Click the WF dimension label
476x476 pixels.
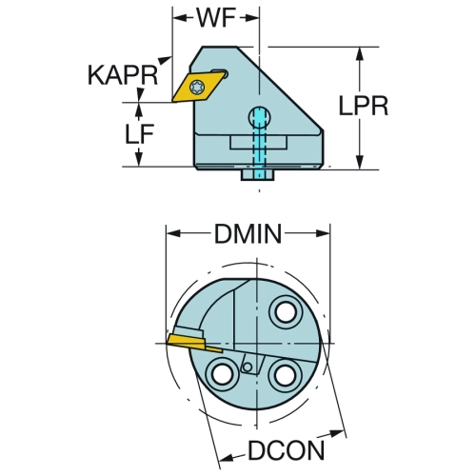[216, 18]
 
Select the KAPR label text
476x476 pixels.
[123, 75]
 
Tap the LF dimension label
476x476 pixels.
[139, 133]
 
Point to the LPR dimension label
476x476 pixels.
[364, 106]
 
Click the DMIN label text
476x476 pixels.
[248, 234]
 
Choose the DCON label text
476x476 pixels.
[286, 450]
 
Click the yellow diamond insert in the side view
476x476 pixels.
[199, 87]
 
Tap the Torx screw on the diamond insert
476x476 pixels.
[196, 87]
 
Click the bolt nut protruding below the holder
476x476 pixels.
[257, 175]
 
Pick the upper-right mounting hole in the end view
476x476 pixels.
[286, 313]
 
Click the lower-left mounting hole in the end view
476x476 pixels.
[221, 375]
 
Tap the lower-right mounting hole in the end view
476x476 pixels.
[284, 375]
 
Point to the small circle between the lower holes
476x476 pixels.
[248, 367]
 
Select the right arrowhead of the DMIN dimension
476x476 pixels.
[323, 234]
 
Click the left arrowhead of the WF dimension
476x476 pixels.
[180, 18]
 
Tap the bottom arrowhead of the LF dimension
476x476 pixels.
[138, 159]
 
